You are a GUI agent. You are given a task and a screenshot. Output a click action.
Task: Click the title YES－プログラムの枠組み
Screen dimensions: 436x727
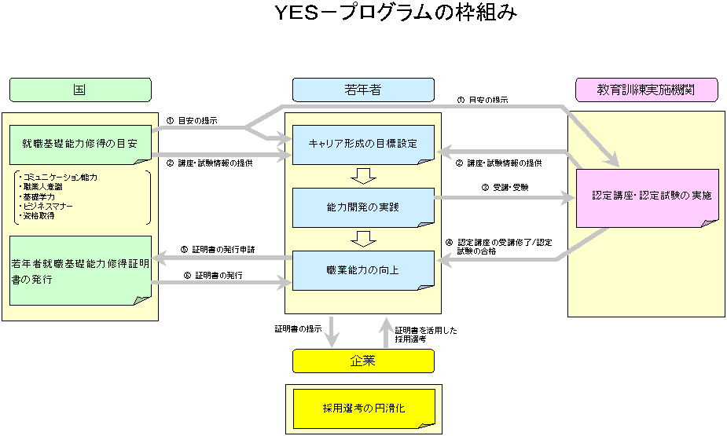(x=396, y=13)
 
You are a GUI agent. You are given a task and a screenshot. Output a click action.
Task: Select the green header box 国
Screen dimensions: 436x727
(x=80, y=90)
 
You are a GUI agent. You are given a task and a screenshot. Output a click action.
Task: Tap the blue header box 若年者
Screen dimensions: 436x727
(x=363, y=90)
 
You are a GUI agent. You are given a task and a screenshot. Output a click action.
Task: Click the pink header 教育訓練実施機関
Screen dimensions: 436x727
(x=646, y=90)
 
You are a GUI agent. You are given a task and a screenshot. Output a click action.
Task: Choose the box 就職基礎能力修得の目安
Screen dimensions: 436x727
(x=80, y=145)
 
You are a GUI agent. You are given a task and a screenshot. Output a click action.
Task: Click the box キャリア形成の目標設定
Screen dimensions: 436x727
(x=363, y=145)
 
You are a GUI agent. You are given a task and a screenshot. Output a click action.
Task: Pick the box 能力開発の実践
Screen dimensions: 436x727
(x=363, y=207)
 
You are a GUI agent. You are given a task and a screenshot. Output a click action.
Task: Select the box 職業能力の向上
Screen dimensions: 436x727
(x=363, y=269)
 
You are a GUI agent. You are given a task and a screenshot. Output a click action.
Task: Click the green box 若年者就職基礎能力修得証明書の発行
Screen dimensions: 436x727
(x=80, y=269)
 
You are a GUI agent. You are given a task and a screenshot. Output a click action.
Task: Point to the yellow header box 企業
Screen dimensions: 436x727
(x=363, y=361)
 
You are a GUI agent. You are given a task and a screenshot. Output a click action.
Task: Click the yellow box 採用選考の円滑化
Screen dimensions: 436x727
(x=363, y=409)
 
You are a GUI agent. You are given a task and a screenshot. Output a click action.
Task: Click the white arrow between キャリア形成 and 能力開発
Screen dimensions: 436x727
(x=363, y=175)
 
